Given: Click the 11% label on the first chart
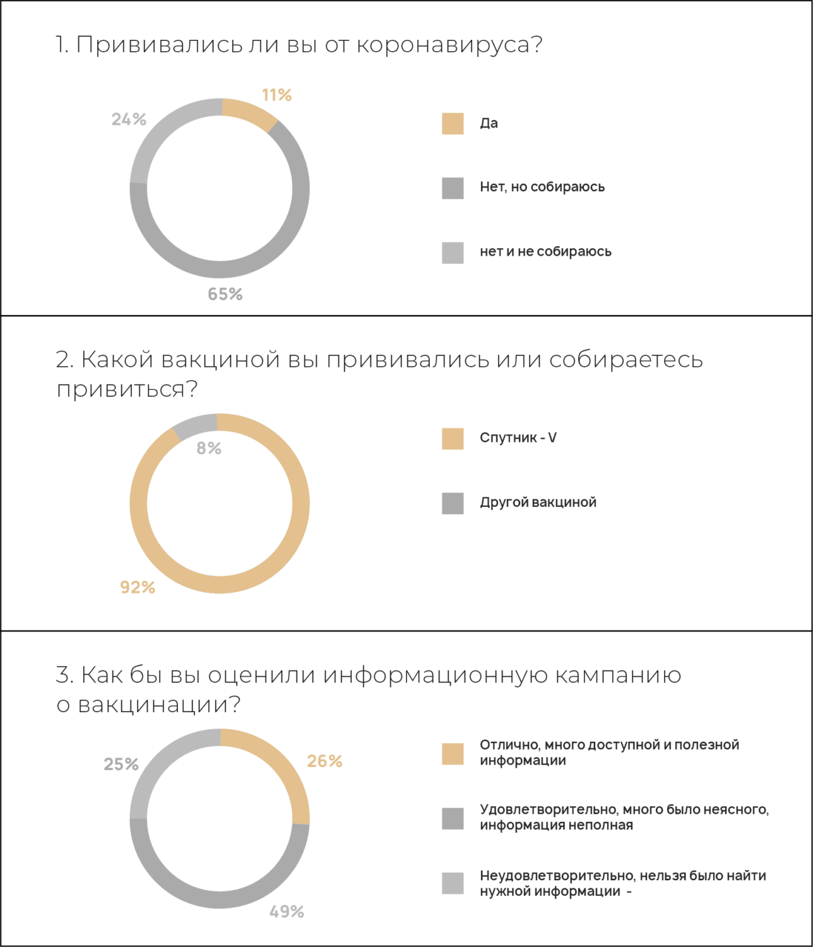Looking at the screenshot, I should point(276,95).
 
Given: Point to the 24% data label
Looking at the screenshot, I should point(129,119).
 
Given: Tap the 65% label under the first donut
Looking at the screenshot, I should point(225,294).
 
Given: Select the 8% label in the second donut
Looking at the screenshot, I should point(209,448).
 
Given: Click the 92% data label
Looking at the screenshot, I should point(138,587).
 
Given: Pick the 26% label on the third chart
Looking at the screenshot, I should point(324,761).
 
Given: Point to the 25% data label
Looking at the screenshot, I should point(121,765).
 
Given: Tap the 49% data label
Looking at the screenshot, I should point(287,912).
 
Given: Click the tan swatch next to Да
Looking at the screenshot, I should point(453,124).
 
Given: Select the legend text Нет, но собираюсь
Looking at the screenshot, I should point(542,187).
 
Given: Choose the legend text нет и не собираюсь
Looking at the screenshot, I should point(545,251).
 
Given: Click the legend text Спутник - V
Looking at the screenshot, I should point(518,438).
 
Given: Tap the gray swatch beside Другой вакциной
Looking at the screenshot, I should point(453,503).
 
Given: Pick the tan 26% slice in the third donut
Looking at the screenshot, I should point(282,770).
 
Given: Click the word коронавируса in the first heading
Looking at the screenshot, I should point(449,45).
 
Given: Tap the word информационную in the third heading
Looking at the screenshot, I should point(435,675).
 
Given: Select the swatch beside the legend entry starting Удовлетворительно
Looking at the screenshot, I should point(453,818).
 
